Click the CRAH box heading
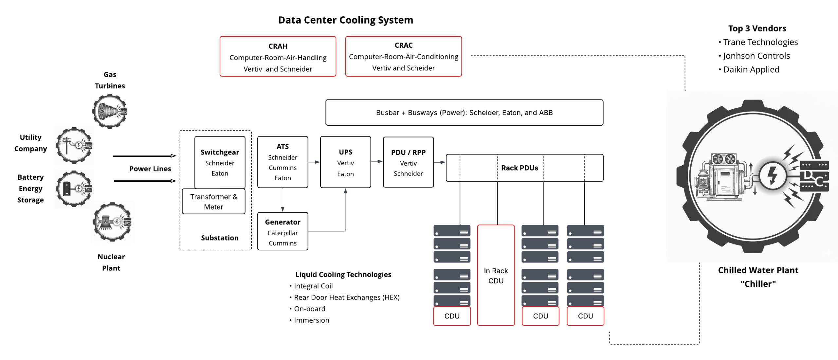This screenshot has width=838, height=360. [x=278, y=46]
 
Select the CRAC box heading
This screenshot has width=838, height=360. [x=403, y=45]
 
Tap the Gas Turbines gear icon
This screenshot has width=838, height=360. [x=109, y=111]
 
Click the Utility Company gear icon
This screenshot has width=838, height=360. [x=74, y=145]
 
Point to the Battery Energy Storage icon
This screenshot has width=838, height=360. [x=74, y=189]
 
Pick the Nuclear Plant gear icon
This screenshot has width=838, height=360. [x=112, y=222]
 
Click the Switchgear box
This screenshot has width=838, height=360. [x=220, y=162]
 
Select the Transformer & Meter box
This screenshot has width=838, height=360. [x=213, y=202]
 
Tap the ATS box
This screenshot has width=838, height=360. [x=282, y=162]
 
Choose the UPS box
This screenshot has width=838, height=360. [x=345, y=162]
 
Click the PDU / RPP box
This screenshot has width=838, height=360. [x=408, y=162]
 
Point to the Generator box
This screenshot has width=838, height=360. [x=282, y=231]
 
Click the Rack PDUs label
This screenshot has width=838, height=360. [x=519, y=168]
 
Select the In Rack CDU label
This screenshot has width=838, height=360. [x=496, y=276]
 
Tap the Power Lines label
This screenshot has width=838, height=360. [x=150, y=169]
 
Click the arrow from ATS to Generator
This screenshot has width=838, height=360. [x=282, y=200]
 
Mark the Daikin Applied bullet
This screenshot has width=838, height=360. [x=751, y=70]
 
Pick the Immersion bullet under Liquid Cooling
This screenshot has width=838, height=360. [x=311, y=320]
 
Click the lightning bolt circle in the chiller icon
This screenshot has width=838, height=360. [x=772, y=176]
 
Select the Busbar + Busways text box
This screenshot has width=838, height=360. [x=464, y=113]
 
